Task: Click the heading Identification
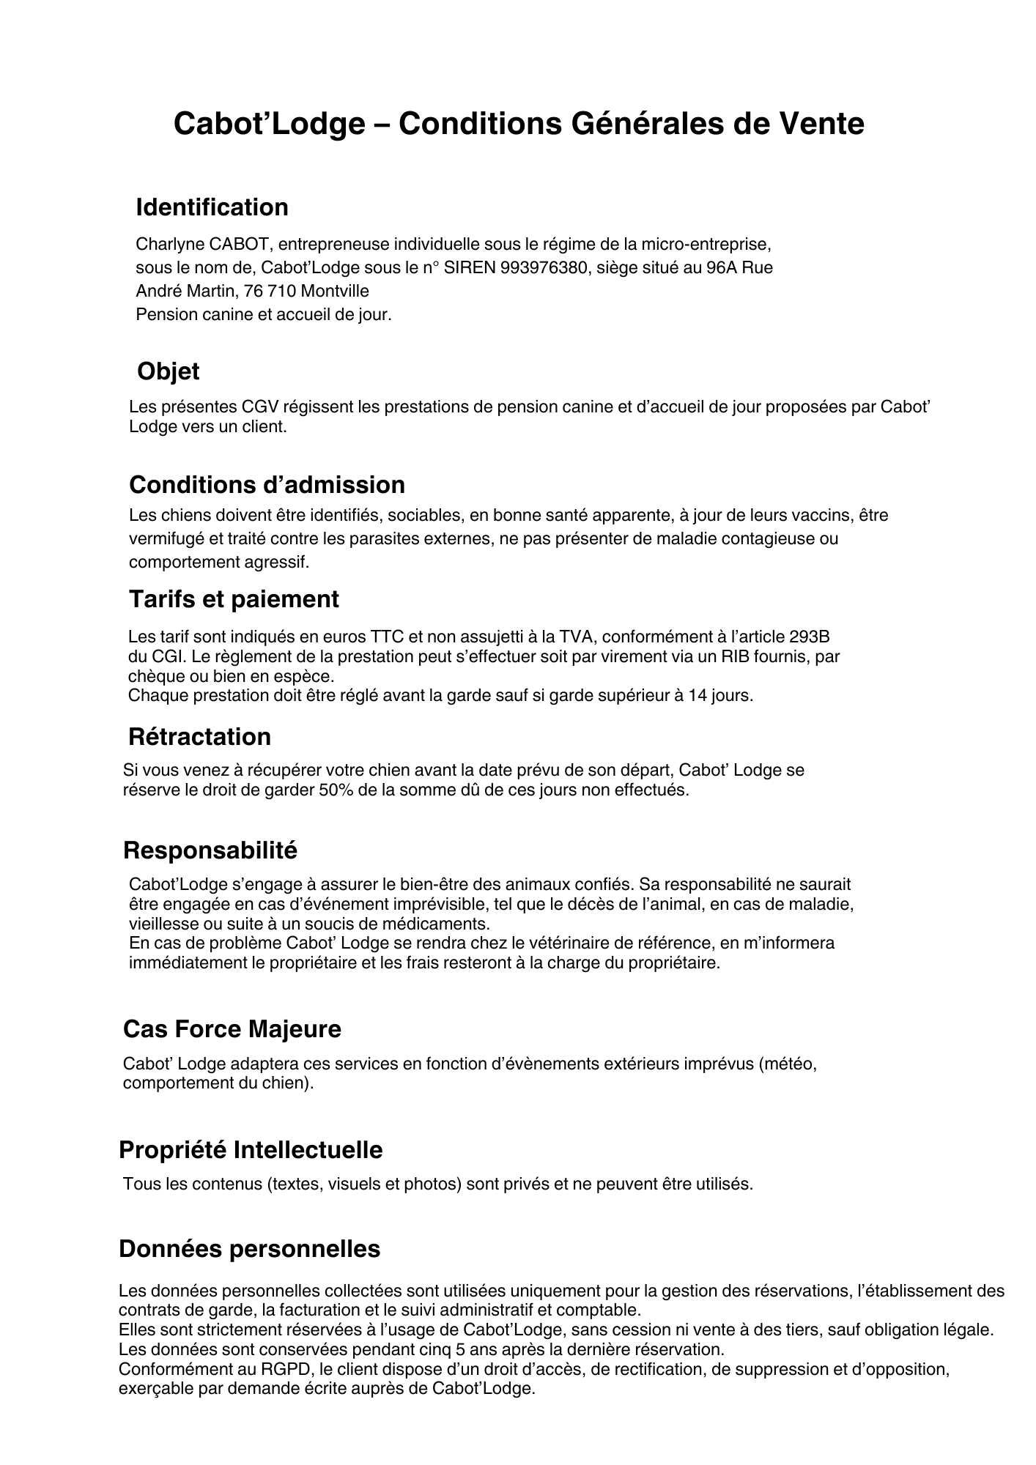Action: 212,207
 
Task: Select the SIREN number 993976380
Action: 544,267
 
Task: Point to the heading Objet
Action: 168,371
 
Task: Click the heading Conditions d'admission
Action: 267,485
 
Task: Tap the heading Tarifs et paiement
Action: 234,599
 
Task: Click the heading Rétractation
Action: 199,736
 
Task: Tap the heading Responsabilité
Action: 210,850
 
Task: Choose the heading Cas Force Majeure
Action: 232,1029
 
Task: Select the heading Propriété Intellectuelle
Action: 251,1150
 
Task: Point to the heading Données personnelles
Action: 249,1249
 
